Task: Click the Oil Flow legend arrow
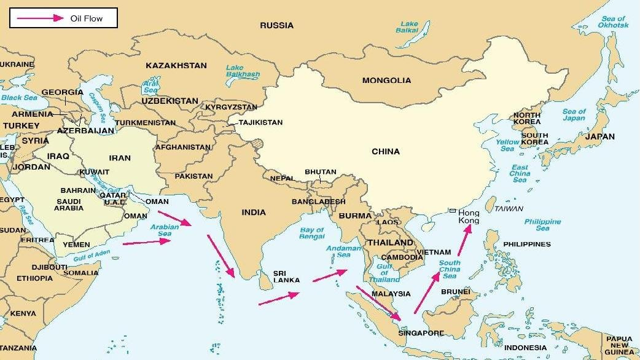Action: point(40,18)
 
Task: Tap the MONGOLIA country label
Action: point(386,80)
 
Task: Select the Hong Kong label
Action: point(469,216)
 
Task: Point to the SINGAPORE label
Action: point(421,334)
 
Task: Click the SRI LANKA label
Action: point(287,276)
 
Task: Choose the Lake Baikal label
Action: point(407,27)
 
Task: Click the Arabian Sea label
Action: point(165,230)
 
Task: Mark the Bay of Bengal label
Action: point(311,233)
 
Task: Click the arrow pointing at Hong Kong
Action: point(464,240)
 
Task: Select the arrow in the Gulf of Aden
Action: point(147,242)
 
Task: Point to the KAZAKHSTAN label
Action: point(176,65)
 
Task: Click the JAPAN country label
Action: point(599,136)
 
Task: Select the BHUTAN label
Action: point(321,172)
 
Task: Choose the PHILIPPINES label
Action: point(527,244)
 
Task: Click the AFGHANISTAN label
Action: point(183,147)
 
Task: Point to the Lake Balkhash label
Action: point(243,71)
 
